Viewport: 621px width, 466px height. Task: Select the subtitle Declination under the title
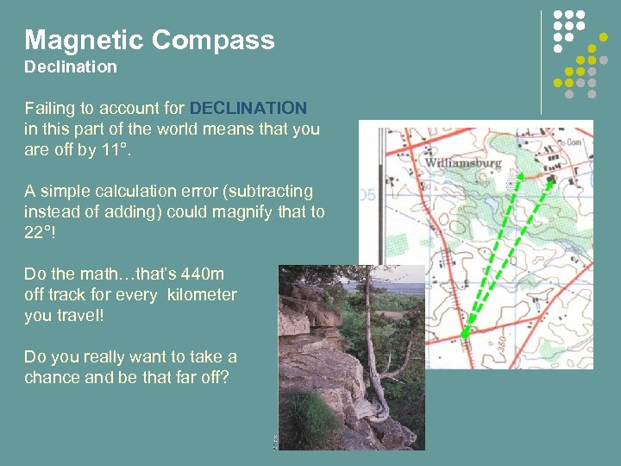70,66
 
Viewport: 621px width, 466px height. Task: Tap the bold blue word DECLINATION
248,109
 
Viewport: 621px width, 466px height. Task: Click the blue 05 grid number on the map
367,196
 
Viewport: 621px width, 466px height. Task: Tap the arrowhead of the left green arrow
513,173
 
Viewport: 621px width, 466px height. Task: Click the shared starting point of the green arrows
465,335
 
